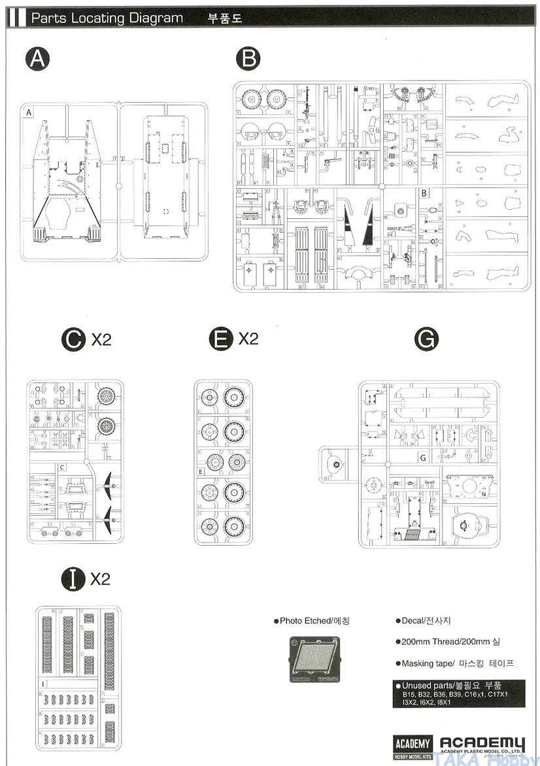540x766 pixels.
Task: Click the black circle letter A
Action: click(38, 60)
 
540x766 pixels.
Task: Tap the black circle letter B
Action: click(248, 60)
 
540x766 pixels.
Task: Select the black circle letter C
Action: click(73, 339)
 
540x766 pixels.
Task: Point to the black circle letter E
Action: click(221, 339)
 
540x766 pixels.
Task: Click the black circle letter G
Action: click(426, 339)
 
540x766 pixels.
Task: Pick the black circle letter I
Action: click(73, 578)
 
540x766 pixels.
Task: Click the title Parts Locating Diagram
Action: click(107, 18)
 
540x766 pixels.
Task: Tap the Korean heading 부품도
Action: click(225, 18)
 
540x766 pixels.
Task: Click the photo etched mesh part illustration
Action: click(314, 659)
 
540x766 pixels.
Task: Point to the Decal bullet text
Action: click(423, 620)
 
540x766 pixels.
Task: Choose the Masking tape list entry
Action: click(454, 663)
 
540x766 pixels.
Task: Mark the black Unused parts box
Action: click(450, 693)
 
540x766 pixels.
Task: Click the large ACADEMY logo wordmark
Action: click(482, 744)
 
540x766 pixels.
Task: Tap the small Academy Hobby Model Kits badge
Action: click(413, 746)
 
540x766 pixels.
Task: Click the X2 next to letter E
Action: click(248, 339)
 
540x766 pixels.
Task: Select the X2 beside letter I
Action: click(100, 578)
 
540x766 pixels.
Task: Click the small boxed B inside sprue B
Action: click(424, 193)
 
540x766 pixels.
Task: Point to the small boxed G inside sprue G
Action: click(423, 458)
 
